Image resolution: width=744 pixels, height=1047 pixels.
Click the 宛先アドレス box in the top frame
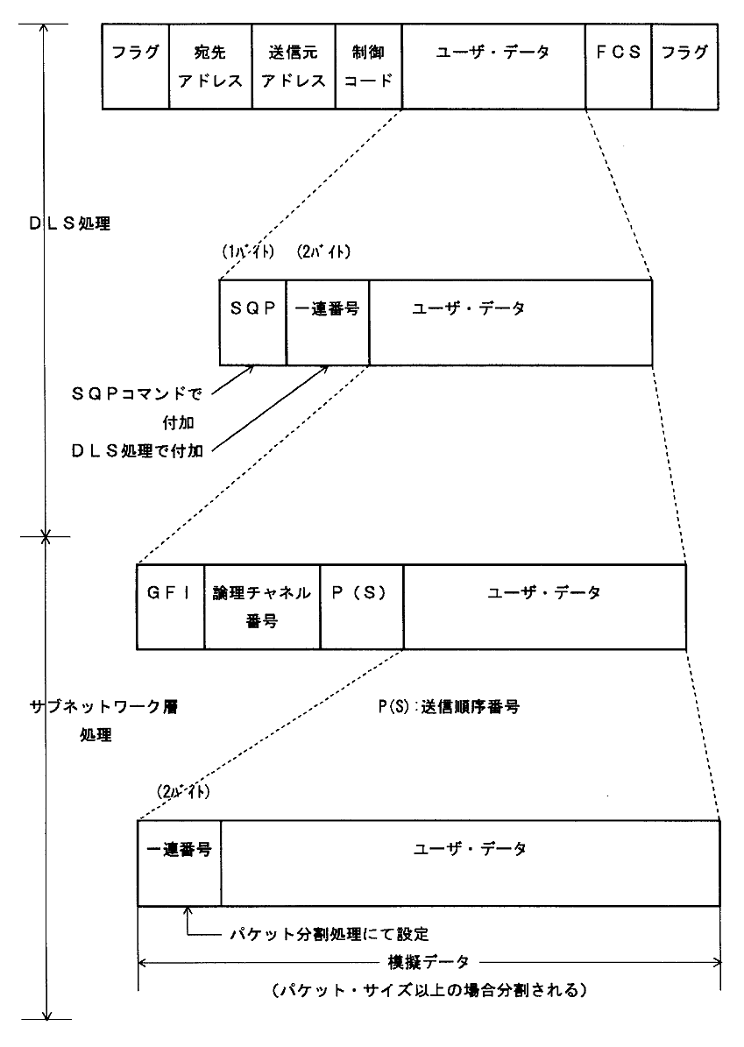click(x=209, y=66)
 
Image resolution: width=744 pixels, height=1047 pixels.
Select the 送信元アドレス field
click(x=293, y=66)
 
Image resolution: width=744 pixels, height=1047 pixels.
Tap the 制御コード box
click(x=368, y=66)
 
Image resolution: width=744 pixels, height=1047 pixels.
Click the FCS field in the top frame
click(x=618, y=66)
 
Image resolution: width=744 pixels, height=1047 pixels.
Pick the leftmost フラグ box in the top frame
click(x=135, y=66)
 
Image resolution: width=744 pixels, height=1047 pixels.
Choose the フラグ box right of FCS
click(x=684, y=66)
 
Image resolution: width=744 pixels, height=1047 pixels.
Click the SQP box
click(x=252, y=322)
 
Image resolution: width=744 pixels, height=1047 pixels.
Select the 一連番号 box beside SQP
click(x=327, y=322)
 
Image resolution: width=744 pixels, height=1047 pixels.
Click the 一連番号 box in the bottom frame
click(x=179, y=862)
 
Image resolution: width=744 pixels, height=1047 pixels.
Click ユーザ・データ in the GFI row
click(x=543, y=593)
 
